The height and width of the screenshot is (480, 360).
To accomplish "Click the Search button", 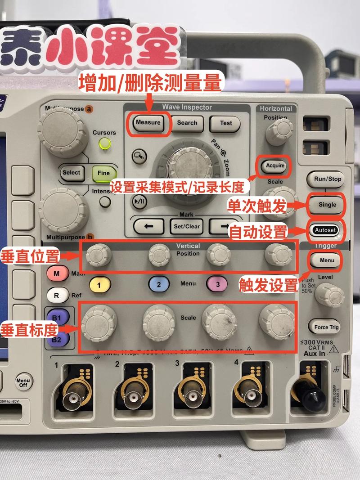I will click(187, 123).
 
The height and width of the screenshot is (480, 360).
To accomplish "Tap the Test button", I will click(226, 123).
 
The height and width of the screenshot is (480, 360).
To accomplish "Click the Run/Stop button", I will click(327, 179).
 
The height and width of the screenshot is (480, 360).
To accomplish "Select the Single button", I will click(327, 205).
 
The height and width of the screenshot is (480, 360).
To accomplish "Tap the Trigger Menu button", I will click(327, 260).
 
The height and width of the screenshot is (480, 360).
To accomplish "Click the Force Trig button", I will click(327, 327).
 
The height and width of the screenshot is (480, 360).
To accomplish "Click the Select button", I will click(72, 173).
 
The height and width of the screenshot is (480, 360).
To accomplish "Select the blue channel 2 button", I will click(159, 284).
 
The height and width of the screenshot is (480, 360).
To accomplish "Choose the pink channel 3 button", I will click(218, 284).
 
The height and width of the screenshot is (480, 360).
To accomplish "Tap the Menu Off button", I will click(23, 382).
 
